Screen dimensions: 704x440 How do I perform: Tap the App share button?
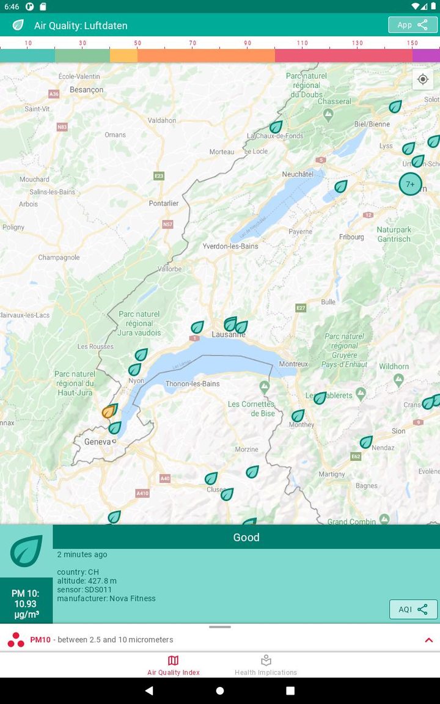[x=413, y=25]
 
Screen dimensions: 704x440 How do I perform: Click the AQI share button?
[x=413, y=609]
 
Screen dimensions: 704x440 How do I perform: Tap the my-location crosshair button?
[x=423, y=79]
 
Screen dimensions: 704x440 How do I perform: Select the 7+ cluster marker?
[x=410, y=184]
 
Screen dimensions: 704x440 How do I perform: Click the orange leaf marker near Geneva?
[x=109, y=411]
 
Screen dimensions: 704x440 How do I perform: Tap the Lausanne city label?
[x=229, y=335]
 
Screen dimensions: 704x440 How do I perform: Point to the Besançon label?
[x=87, y=90]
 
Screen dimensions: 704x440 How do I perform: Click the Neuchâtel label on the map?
[x=298, y=174]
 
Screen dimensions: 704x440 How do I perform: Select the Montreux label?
[x=293, y=364]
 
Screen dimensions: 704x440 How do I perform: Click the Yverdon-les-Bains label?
[x=230, y=246]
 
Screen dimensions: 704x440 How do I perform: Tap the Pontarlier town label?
[x=164, y=204]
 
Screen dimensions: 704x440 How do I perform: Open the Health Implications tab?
[x=266, y=665]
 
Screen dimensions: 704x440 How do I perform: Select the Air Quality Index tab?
[x=174, y=665]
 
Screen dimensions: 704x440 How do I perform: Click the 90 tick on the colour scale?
[x=248, y=43]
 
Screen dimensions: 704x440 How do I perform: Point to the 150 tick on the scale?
[x=413, y=43]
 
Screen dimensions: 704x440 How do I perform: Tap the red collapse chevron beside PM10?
[x=428, y=640]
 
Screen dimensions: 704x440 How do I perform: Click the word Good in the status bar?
[x=246, y=538]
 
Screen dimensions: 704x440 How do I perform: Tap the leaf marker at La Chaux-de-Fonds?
[x=276, y=127]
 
